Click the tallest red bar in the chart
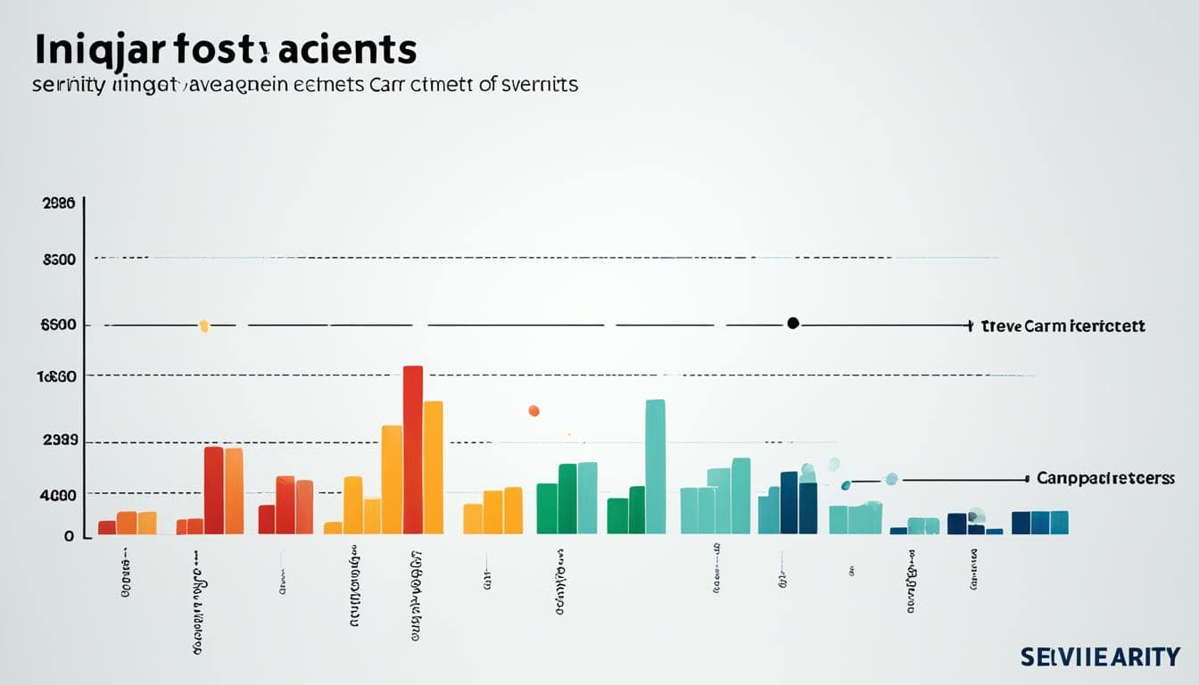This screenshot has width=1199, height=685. [412, 450]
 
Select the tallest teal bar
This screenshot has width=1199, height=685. [655, 466]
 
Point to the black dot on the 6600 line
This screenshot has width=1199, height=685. [792, 324]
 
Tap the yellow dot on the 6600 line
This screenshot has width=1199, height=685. [204, 326]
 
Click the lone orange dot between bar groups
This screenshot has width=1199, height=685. [533, 410]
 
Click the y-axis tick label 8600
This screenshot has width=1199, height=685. [58, 260]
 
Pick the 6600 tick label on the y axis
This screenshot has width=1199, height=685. [58, 326]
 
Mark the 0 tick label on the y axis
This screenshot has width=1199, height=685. [67, 536]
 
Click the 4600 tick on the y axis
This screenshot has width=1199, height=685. [59, 495]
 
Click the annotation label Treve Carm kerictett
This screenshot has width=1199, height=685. [1063, 326]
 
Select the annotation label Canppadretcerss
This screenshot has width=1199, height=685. [1105, 479]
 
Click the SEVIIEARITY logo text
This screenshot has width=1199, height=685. [1101, 657]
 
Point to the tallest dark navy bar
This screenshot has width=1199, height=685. [789, 502]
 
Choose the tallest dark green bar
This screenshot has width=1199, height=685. [567, 499]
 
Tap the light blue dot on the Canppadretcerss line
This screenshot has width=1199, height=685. [890, 479]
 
